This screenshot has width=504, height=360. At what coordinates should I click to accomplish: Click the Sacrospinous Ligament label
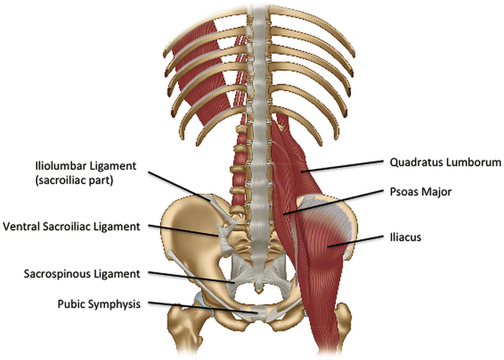pos(75,274)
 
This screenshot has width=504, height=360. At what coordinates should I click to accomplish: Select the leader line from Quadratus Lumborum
pos(346,167)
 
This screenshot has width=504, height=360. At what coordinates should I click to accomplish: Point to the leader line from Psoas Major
pos(338,201)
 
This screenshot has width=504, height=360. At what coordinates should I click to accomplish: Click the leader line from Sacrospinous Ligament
pos(195,277)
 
